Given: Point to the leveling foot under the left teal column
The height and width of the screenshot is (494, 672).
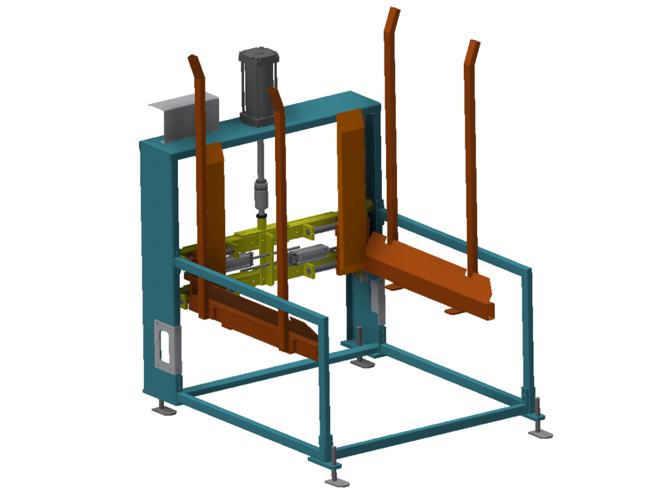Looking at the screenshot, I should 164,411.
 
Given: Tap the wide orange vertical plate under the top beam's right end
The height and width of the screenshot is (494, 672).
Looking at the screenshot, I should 351,190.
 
